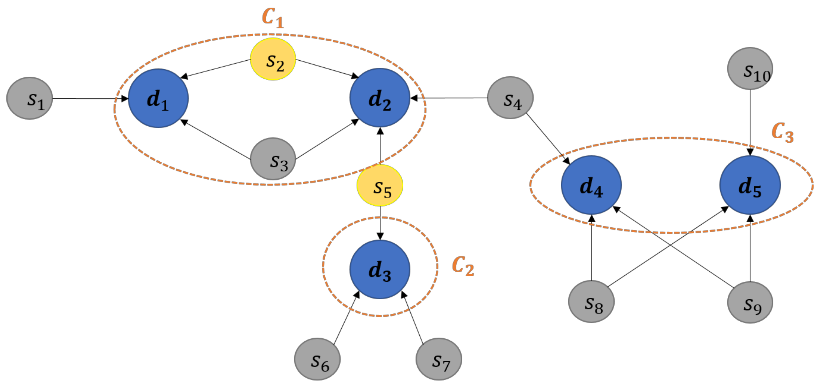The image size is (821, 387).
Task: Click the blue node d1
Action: pyautogui.click(x=158, y=98)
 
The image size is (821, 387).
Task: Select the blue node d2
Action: pyautogui.click(x=380, y=98)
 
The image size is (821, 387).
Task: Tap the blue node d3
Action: pyautogui.click(x=380, y=269)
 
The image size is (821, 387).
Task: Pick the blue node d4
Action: pyautogui.click(x=591, y=185)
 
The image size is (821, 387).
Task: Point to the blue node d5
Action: pyautogui.click(x=750, y=185)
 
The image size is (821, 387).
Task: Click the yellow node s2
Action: pyautogui.click(x=273, y=59)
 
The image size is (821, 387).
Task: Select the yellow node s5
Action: pyautogui.click(x=380, y=185)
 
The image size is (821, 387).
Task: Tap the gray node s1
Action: pyautogui.click(x=30, y=98)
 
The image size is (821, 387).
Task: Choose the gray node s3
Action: pyautogui.click(x=273, y=159)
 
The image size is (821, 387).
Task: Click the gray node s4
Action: pyautogui.click(x=510, y=98)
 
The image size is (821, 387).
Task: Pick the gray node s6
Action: pyautogui.click(x=317, y=359)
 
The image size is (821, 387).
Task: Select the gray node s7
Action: pyautogui.click(x=439, y=359)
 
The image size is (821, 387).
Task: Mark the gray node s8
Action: pyautogui.click(x=591, y=301)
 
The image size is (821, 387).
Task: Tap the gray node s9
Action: pyautogui.click(x=750, y=302)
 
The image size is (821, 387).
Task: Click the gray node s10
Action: pyautogui.click(x=750, y=68)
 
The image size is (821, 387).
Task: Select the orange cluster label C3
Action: pyautogui.click(x=782, y=132)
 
